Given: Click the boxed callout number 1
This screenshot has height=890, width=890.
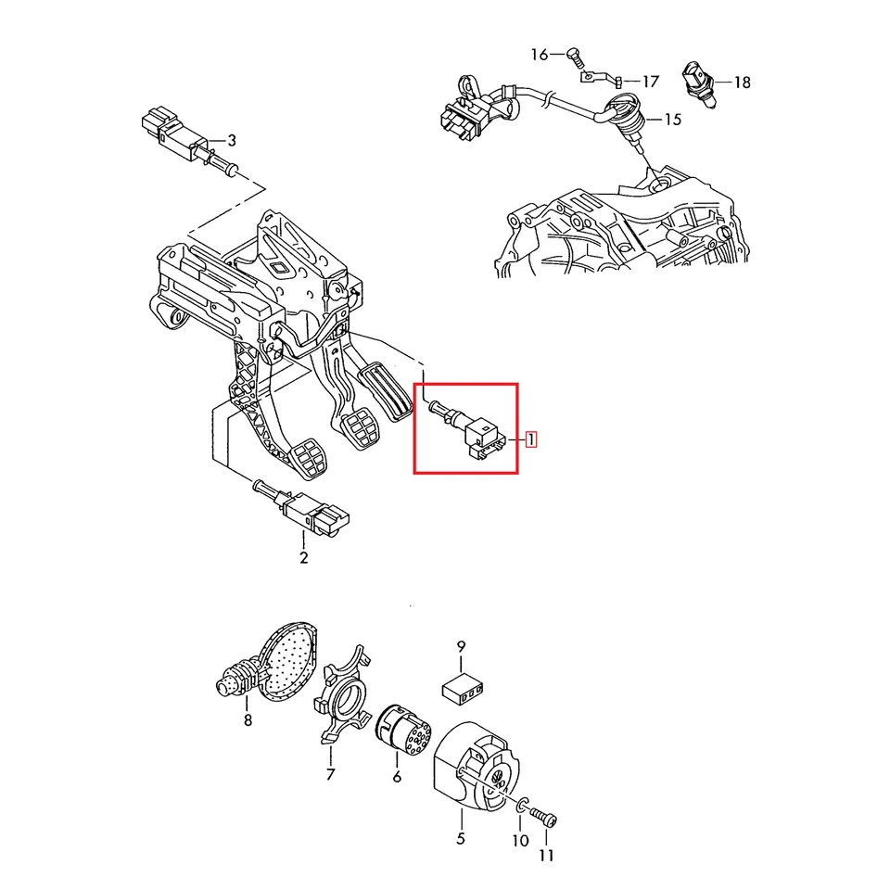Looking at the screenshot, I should click(530, 439).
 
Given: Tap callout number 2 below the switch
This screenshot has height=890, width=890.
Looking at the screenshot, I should click(303, 557).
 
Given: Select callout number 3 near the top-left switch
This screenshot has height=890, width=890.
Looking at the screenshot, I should click(232, 141).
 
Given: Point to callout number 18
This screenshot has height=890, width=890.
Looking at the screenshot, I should click(742, 83).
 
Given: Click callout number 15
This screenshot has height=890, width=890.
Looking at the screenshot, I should click(671, 120).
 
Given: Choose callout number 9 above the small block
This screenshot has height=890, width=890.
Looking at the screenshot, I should click(461, 646).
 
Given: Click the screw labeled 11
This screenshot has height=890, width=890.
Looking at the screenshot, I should click(543, 819).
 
